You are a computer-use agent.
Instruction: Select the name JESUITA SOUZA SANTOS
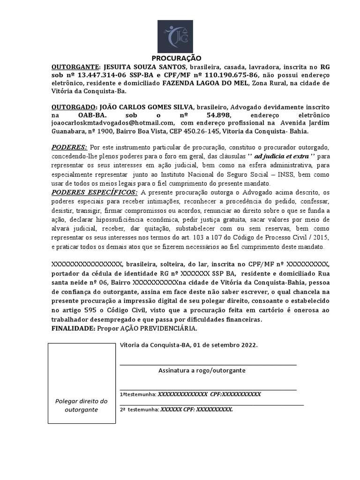click(x=141, y=67)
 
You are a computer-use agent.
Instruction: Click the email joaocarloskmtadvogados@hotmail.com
click(x=111, y=123)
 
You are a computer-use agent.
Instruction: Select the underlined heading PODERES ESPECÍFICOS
click(x=94, y=193)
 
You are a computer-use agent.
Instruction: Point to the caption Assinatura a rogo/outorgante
click(x=202, y=370)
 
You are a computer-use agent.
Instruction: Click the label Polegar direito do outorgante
click(x=82, y=405)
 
